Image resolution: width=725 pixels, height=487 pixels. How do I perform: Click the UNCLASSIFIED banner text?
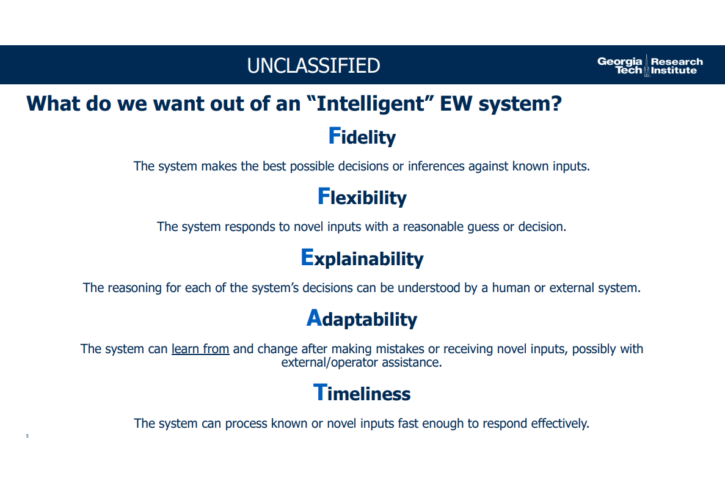coord(313,65)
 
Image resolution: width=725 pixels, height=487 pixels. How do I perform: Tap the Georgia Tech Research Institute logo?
coord(650,65)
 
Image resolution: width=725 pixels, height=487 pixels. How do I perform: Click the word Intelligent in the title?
coord(370,104)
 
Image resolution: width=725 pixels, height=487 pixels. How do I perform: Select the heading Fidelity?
coord(362,136)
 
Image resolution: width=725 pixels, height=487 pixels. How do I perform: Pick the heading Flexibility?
coord(362,197)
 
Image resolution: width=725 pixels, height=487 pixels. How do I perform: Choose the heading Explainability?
coord(362,258)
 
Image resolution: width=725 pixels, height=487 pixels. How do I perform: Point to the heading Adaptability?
coord(362,318)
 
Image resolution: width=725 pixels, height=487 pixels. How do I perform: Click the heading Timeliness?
coord(362,393)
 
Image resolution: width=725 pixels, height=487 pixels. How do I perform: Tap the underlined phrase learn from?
coord(200,349)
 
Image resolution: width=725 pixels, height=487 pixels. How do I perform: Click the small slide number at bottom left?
coord(27,436)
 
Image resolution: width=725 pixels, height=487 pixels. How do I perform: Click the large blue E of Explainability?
coord(307,257)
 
